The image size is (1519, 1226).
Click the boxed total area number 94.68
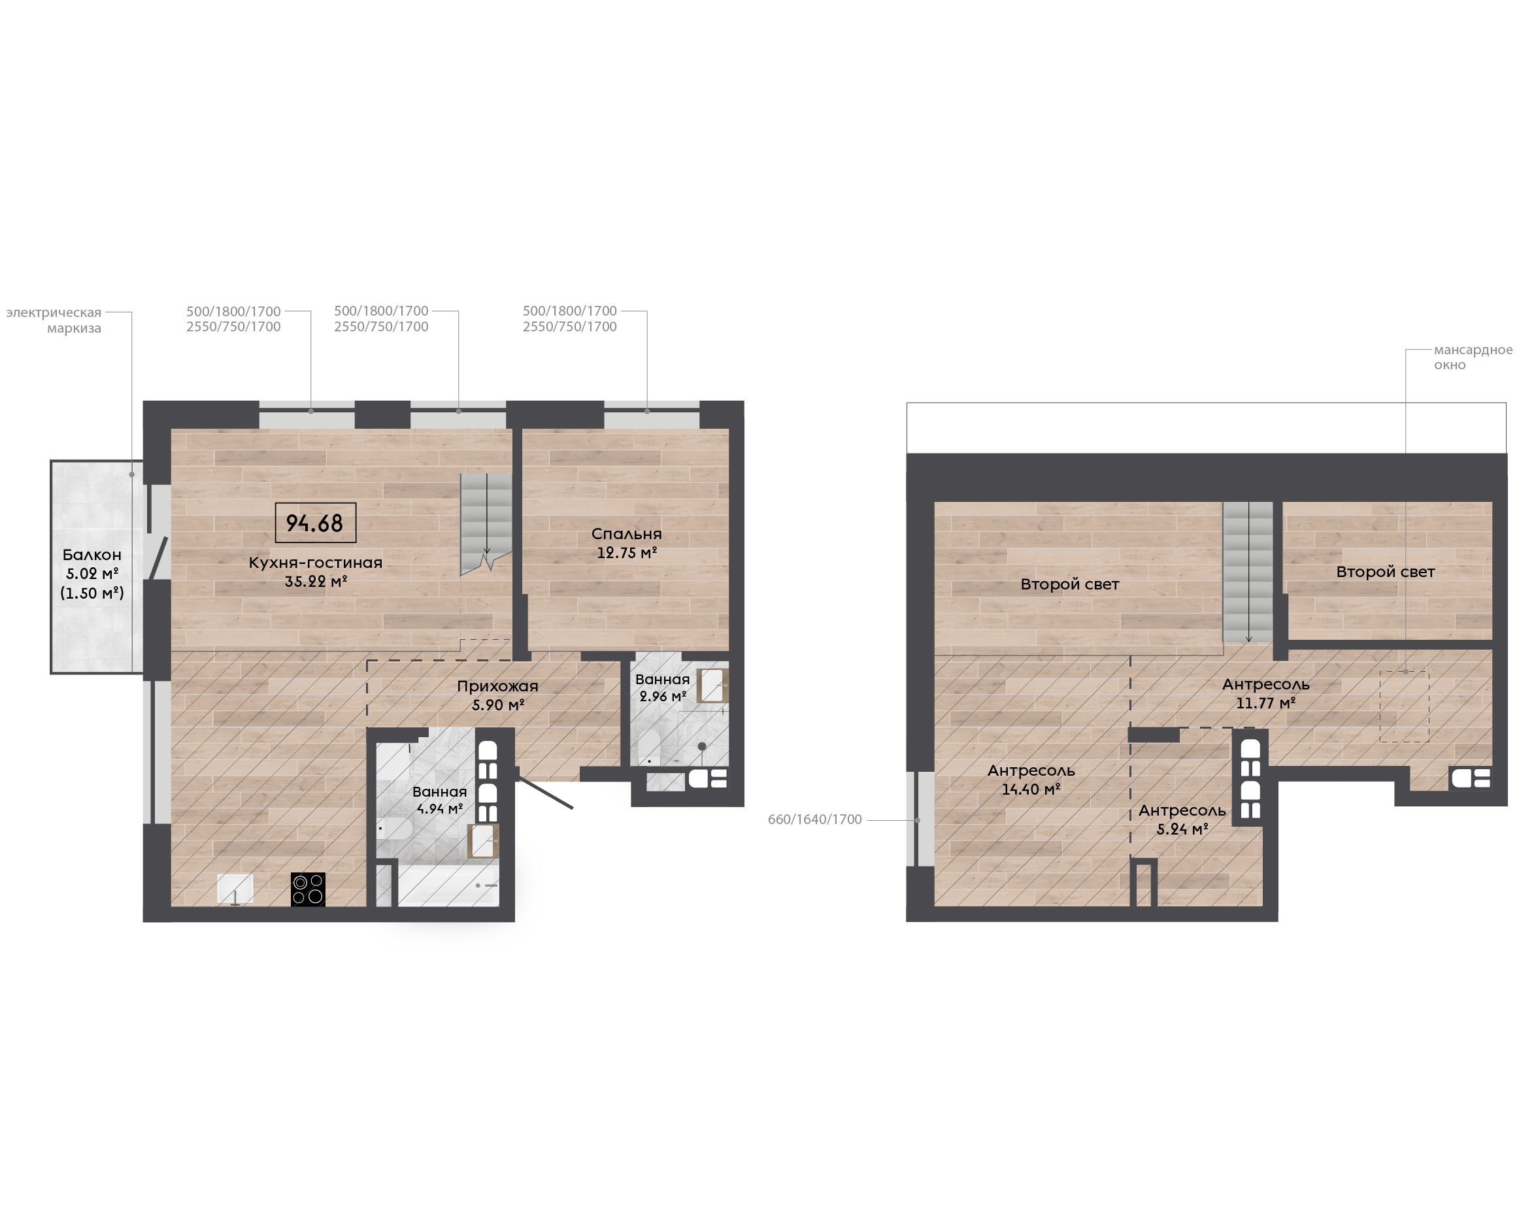[x=314, y=523]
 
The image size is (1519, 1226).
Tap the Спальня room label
[x=626, y=534]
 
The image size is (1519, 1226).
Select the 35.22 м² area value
[x=316, y=581]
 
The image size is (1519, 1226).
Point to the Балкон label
[x=92, y=555]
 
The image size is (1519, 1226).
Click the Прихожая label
[x=497, y=686]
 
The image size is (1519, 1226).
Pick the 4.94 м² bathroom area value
[x=439, y=808]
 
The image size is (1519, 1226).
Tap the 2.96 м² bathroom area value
[x=662, y=697]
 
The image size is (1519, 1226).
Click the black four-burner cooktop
[x=308, y=889]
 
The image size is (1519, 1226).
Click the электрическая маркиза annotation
[x=54, y=320]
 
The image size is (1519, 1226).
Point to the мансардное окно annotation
[x=1473, y=357]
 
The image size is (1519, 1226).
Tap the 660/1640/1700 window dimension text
[x=815, y=820]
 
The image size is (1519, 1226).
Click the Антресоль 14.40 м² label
[x=1031, y=780]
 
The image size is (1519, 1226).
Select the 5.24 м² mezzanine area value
[x=1182, y=829]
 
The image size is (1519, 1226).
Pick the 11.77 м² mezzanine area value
[x=1265, y=703]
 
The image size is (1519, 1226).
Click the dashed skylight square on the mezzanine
[x=1404, y=706]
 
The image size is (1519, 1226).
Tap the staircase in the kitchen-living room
[x=486, y=523]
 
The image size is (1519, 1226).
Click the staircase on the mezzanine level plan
[x=1248, y=572]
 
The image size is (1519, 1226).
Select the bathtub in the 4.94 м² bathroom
[x=448, y=885]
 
